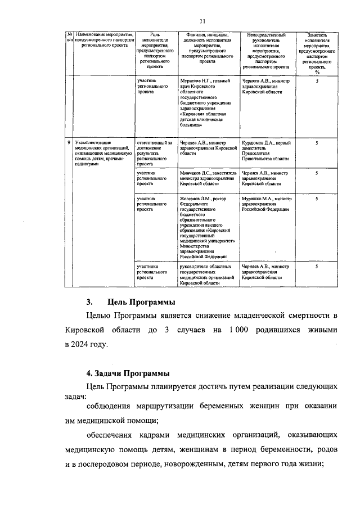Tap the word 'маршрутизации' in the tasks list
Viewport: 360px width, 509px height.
(157, 406)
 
